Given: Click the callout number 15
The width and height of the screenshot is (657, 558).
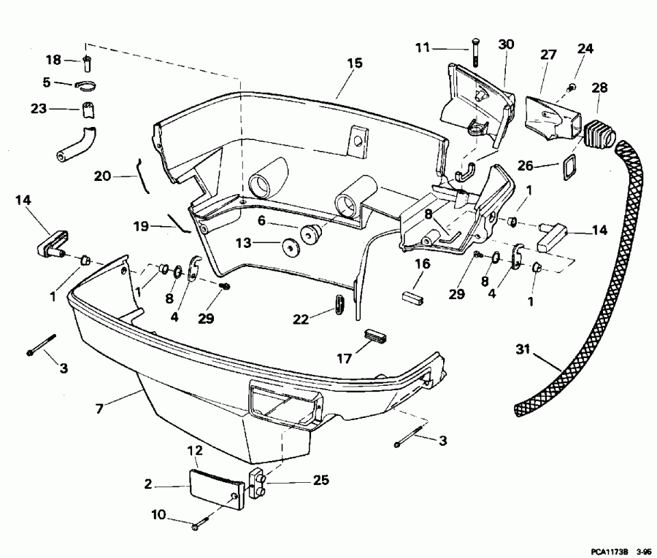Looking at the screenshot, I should (x=354, y=63).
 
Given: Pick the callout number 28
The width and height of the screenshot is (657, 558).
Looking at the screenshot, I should (x=599, y=88).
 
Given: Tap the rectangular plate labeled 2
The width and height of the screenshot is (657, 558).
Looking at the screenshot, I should (x=217, y=486).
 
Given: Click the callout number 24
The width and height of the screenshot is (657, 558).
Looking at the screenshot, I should (x=586, y=50).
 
